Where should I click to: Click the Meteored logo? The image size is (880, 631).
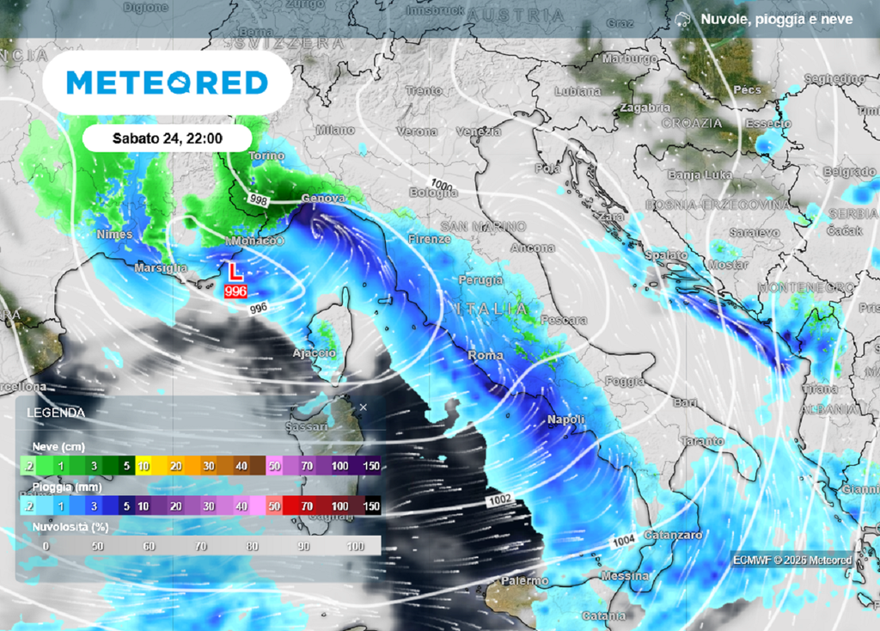[167, 83]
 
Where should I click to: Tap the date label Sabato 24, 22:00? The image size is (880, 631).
[168, 138]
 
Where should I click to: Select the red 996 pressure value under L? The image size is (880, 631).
[235, 292]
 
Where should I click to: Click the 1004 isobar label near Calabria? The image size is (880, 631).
[624, 542]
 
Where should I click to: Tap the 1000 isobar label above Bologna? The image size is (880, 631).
[443, 184]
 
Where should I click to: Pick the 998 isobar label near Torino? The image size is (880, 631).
[259, 199]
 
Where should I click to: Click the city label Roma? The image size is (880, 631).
[485, 354]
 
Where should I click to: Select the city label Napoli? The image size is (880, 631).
[566, 420]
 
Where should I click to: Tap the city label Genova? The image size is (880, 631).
[323, 199]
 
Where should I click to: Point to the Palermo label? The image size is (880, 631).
[524, 582]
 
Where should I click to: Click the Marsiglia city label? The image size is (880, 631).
[161, 268]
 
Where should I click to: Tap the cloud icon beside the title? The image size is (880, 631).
[683, 19]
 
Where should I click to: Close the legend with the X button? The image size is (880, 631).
[364, 407]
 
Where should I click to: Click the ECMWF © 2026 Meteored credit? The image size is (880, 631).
[792, 560]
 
